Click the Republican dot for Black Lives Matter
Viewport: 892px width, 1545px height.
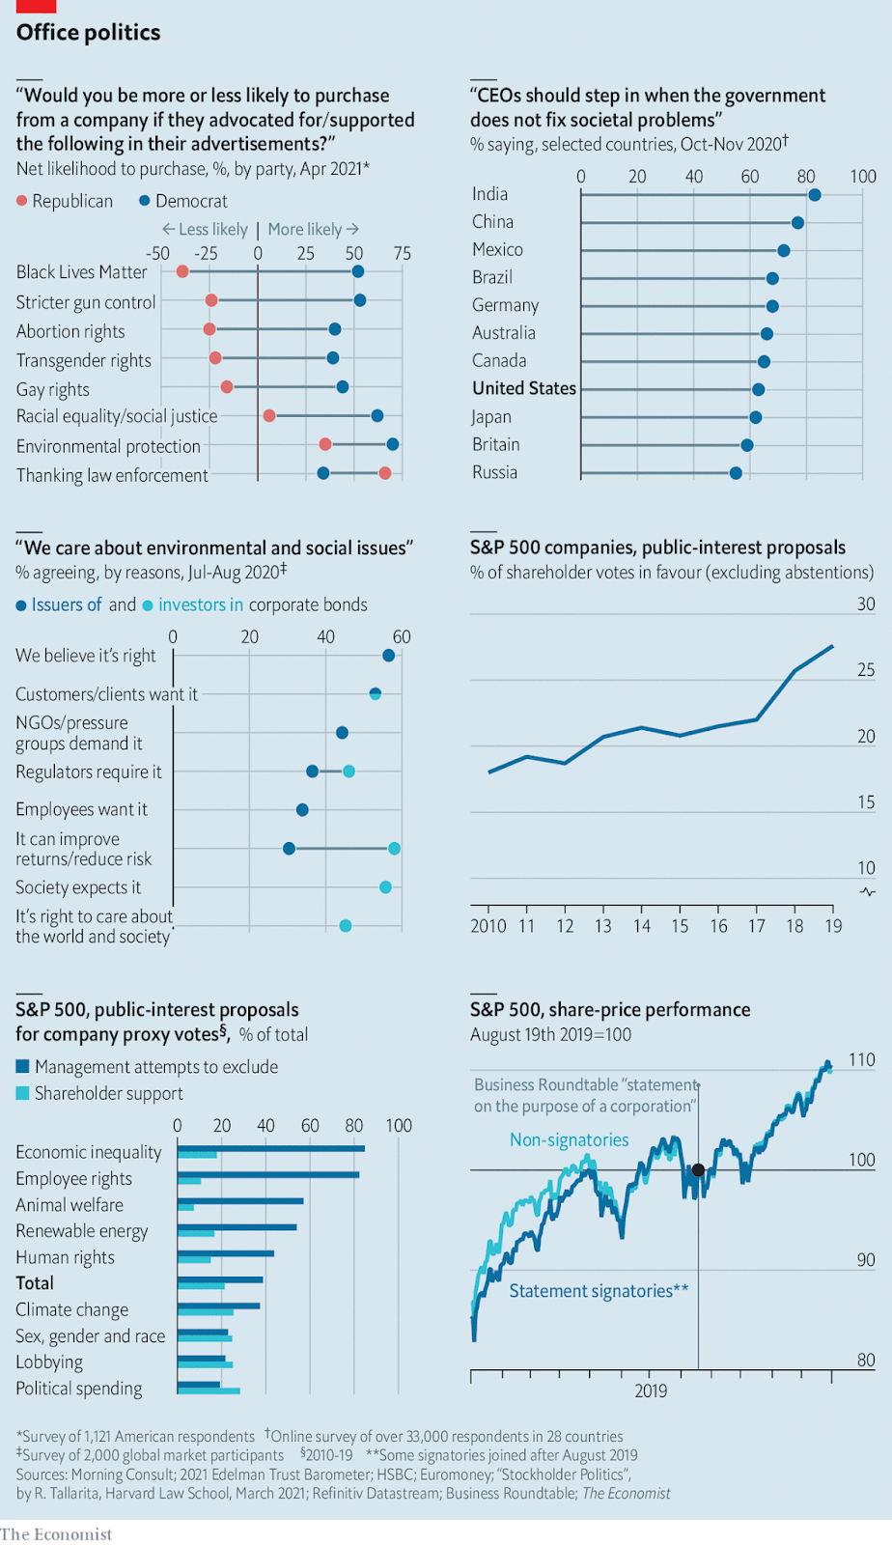(182, 272)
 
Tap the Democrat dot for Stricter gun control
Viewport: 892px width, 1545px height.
(360, 300)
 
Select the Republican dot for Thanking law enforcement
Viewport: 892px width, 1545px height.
(385, 473)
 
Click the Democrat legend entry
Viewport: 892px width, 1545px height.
(183, 201)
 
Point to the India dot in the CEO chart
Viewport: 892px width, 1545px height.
(815, 195)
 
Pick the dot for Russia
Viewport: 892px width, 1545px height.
(736, 473)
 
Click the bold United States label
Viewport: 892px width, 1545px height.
(524, 388)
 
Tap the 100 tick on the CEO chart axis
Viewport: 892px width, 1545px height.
(863, 177)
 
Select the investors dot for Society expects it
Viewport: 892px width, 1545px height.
(385, 887)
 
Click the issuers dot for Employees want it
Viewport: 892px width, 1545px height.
(302, 810)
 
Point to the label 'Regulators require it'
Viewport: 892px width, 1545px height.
(89, 772)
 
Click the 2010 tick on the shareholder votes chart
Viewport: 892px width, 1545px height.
(488, 926)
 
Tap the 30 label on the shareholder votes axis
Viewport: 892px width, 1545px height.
(866, 604)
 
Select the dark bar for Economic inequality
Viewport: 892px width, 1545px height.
(271, 1148)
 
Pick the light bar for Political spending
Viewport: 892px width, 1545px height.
(209, 1391)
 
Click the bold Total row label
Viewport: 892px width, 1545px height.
(35, 1283)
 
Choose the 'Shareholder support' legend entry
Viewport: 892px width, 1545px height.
(108, 1093)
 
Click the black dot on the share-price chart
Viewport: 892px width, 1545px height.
(698, 1170)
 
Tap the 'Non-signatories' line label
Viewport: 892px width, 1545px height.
(569, 1139)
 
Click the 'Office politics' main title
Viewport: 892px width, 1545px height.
(88, 33)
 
